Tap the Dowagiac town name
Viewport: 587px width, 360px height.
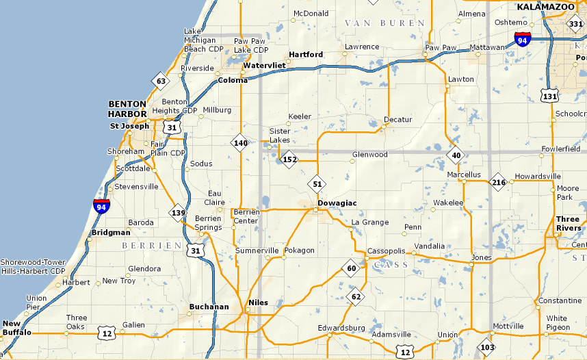point(337,203)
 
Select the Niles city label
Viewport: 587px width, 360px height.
point(258,303)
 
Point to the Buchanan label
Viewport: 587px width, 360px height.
point(209,307)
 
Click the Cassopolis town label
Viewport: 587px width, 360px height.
point(387,251)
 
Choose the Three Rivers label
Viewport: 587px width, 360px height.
point(567,224)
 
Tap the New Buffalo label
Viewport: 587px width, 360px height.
point(16,328)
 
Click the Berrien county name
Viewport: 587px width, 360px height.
point(151,245)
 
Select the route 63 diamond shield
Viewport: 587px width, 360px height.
point(160,81)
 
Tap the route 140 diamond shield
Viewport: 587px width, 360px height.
point(239,143)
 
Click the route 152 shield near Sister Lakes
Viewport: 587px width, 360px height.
point(289,159)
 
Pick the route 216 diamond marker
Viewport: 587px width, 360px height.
point(498,182)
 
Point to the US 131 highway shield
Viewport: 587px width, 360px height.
point(548,96)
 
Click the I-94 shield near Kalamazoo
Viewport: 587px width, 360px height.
point(523,40)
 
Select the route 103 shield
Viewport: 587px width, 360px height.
point(486,346)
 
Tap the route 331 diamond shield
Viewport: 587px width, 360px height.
point(575,24)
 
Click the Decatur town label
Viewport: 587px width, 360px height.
point(397,120)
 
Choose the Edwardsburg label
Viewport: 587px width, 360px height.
point(341,329)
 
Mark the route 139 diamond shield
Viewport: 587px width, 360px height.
point(179,212)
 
